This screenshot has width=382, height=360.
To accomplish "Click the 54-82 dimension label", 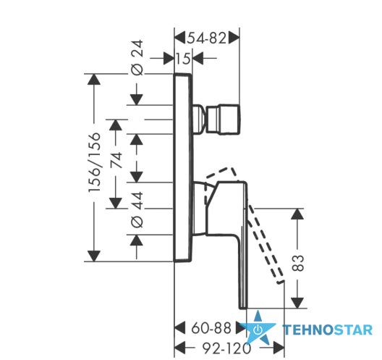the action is coord(207,38).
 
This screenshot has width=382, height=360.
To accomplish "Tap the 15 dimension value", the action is coord(183,59).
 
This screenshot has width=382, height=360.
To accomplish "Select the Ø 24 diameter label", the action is coord(137,57).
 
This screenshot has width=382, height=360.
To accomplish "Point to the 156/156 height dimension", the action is coord(94,162).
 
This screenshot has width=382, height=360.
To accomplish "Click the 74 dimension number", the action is coord(116,160).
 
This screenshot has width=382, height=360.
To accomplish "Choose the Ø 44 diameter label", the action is coord(137,210).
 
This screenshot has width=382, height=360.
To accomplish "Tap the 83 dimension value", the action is coord(297,263).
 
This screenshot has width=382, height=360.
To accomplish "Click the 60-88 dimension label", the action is coord(211,328).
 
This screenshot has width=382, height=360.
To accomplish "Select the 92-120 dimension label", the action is coord(227,348).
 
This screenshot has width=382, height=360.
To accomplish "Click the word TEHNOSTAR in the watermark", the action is coord(328,330).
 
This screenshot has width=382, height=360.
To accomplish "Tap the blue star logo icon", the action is coord(258,328).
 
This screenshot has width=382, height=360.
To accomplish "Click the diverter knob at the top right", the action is coord(223,120).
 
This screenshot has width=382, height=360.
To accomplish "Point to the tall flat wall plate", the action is coord(183,167).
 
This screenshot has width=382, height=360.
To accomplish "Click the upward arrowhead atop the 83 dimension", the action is coord(297,214).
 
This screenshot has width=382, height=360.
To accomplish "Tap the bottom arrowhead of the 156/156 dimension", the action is coord(94,256).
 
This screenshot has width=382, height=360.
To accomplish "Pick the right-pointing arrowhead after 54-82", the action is coord(234,38).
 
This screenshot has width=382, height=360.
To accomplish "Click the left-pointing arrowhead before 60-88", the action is coord(180,328).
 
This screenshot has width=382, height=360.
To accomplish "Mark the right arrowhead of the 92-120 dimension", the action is coord(279,348).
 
